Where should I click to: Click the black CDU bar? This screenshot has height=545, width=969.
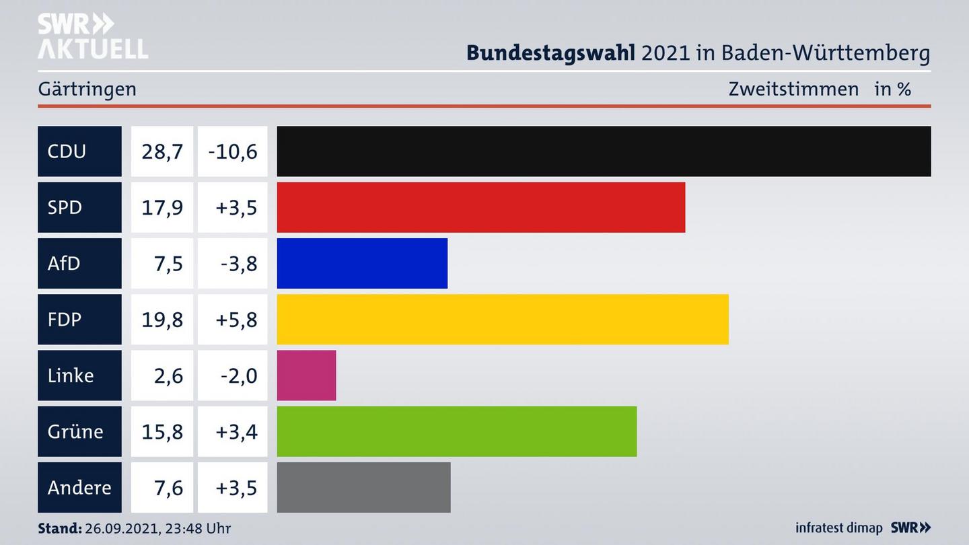604,151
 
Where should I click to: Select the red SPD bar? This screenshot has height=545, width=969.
480,207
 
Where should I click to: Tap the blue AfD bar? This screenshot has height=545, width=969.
362,263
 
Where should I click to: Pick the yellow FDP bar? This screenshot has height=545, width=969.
502,319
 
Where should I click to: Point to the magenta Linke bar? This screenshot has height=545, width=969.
306,375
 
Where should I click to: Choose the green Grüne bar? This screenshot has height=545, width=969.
456,431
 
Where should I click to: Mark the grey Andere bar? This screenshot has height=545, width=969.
363,487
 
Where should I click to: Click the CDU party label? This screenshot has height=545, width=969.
67,151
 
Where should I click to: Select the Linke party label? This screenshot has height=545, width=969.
71,375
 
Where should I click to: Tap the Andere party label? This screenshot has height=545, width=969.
79,487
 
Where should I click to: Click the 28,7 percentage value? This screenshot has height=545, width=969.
162,151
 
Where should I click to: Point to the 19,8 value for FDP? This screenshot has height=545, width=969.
162,319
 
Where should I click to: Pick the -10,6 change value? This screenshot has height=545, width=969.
233,151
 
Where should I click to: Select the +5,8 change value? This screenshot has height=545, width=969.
236,319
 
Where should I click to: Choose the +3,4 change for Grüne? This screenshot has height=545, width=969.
236,431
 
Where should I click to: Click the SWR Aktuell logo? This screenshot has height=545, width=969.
92,36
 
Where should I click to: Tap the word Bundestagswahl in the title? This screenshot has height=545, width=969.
550,52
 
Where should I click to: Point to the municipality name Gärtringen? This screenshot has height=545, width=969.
87,89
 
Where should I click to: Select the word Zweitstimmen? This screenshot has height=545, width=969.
793,89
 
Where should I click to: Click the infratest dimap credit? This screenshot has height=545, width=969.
838,528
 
